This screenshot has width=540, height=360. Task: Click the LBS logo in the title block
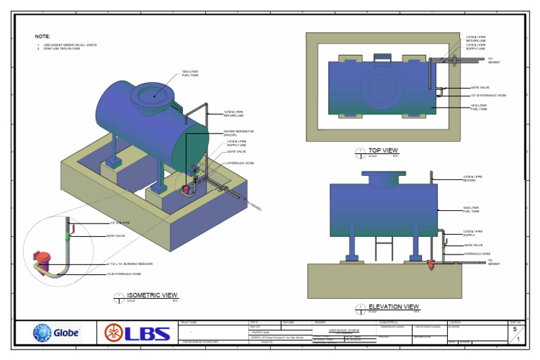pyautogui.click(x=137, y=333)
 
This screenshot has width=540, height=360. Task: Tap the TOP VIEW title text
pyautogui.click(x=383, y=150)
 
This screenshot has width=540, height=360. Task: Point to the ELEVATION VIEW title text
pyautogui.click(x=394, y=307)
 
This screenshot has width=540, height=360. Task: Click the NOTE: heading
pyautogui.click(x=42, y=37)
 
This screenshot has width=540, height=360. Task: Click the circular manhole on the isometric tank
pyautogui.click(x=150, y=93)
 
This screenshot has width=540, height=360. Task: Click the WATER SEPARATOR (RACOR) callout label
pyautogui.click(x=239, y=133)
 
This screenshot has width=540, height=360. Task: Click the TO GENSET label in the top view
pyautogui.click(x=496, y=60)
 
